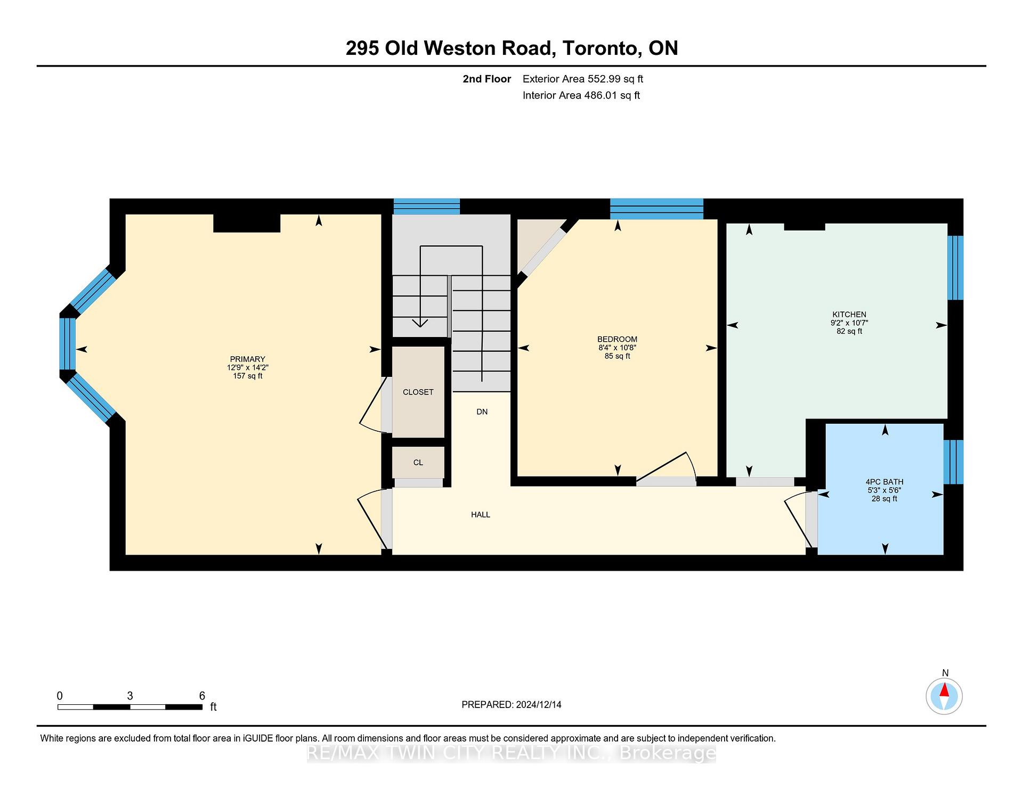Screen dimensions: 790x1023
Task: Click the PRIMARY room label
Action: pyautogui.click(x=247, y=359)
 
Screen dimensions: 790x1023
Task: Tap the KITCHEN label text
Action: pyautogui.click(x=849, y=314)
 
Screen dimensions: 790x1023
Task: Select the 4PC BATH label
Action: pyautogui.click(x=884, y=482)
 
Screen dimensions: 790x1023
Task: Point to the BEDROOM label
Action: pyautogui.click(x=617, y=339)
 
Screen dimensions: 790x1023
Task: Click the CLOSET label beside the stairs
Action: pyautogui.click(x=418, y=392)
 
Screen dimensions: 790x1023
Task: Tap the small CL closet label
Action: pyautogui.click(x=418, y=462)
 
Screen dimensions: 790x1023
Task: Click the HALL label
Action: pyautogui.click(x=480, y=514)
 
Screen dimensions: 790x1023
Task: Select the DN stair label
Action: pyautogui.click(x=482, y=412)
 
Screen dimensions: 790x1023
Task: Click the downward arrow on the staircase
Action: pyautogui.click(x=420, y=322)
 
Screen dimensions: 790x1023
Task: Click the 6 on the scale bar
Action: pyautogui.click(x=202, y=695)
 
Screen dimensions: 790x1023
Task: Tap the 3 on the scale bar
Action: pyautogui.click(x=130, y=695)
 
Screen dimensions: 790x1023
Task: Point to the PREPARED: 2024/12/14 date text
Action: pyautogui.click(x=511, y=704)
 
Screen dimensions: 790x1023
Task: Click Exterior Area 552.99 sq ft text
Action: pyautogui.click(x=582, y=79)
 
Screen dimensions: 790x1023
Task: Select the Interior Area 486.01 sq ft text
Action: pyautogui.click(x=581, y=95)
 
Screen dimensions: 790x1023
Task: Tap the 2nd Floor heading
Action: pyautogui.click(x=486, y=79)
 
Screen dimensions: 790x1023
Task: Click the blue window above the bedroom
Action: pyautogui.click(x=656, y=208)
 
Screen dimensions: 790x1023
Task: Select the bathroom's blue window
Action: pyautogui.click(x=953, y=462)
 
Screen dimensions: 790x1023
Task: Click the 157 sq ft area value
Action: pyautogui.click(x=247, y=376)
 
